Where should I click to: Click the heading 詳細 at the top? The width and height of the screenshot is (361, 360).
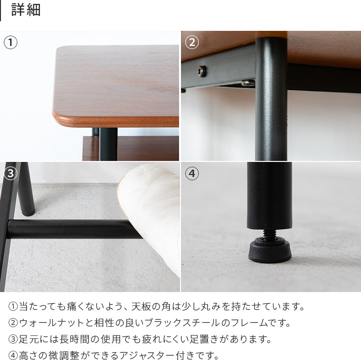pyautogui.click(x=26, y=10)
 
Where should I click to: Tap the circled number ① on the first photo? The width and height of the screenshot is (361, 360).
pyautogui.click(x=11, y=42)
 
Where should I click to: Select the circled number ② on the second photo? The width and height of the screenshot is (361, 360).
pyautogui.click(x=192, y=42)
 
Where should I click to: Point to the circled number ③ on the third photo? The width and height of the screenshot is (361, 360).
pyautogui.click(x=11, y=173)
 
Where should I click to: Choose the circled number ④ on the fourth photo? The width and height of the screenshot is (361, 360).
pyautogui.click(x=192, y=173)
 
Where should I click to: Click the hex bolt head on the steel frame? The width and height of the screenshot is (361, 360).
pyautogui.click(x=202, y=71)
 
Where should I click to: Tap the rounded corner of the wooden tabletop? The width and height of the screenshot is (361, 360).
pyautogui.click(x=60, y=116)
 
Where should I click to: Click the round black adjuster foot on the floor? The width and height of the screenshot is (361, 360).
pyautogui.click(x=270, y=251)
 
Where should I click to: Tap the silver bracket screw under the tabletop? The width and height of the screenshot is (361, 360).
pyautogui.click(x=248, y=83)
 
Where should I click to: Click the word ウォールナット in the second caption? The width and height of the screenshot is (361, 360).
pyautogui.click(x=52, y=323)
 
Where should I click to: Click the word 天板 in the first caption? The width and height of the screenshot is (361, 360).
pyautogui.click(x=141, y=307)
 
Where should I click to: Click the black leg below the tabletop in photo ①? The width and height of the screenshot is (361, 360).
pyautogui.click(x=108, y=144)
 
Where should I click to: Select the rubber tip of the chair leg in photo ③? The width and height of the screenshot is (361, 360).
pyautogui.click(x=28, y=212)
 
